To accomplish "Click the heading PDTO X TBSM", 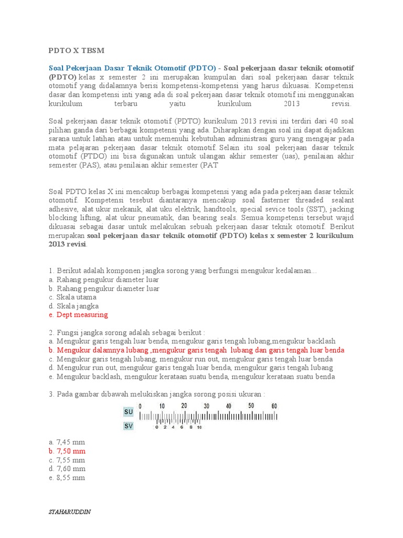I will coord(77,50).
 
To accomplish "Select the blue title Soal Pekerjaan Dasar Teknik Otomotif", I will coord(132,68).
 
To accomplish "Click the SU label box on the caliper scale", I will coord(129,412).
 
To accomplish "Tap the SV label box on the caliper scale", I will coord(129,426).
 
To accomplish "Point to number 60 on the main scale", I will coord(274,406).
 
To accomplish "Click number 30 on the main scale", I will coord(207,406).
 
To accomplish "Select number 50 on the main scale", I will coord(251,406).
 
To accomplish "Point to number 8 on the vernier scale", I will coord(191,427).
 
